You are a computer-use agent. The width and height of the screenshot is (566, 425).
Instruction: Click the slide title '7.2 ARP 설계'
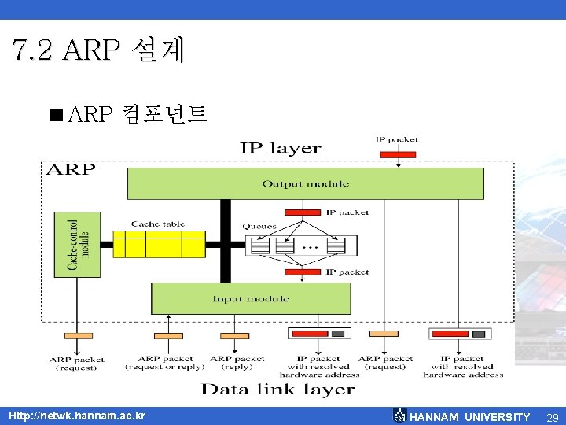[98, 50]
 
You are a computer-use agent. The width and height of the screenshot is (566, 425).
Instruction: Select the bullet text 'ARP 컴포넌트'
[138, 115]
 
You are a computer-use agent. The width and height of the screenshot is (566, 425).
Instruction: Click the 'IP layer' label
[280, 148]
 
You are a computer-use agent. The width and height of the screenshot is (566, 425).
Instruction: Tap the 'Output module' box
[305, 183]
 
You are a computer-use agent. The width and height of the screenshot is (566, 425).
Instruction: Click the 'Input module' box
[250, 299]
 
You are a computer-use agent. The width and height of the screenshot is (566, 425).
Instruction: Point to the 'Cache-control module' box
[77, 244]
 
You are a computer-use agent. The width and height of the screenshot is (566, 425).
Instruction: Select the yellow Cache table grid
[159, 244]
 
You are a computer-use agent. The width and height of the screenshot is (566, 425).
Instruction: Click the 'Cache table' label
[158, 224]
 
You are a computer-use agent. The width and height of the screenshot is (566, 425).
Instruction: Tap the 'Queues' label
[259, 226]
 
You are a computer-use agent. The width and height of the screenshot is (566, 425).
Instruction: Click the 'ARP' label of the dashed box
[72, 169]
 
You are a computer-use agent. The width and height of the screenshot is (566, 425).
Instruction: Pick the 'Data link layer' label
[277, 389]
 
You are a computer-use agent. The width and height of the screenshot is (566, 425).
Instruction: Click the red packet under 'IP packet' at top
[397, 154]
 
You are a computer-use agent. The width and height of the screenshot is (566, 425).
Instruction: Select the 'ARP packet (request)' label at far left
[77, 363]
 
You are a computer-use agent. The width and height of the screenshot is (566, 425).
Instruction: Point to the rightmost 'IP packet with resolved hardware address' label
[463, 366]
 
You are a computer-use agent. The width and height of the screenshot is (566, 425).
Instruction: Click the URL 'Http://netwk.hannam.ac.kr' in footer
[76, 416]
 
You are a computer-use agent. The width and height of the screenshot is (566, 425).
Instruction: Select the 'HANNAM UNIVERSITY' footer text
[470, 416]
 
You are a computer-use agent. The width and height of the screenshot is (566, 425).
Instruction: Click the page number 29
[552, 416]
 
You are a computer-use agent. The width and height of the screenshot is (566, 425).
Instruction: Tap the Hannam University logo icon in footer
[399, 416]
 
